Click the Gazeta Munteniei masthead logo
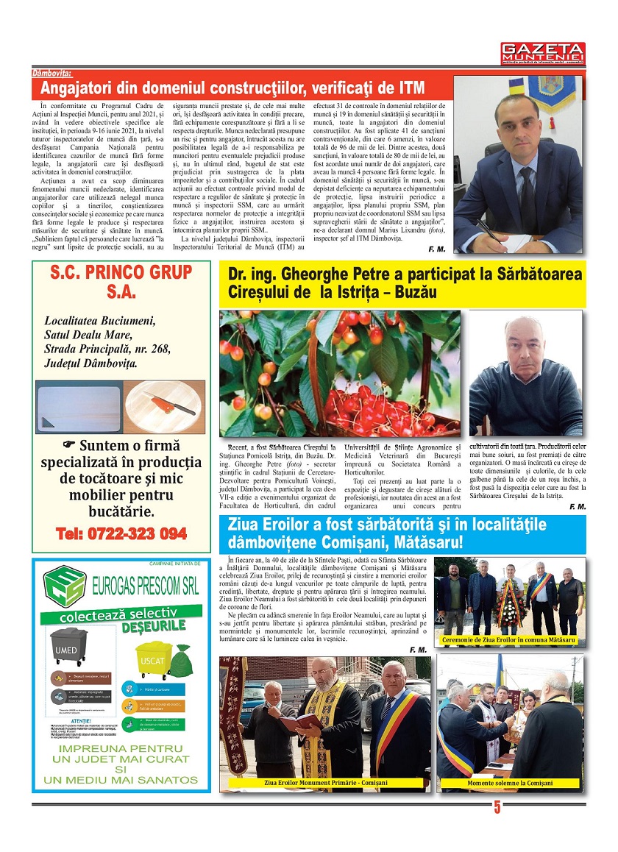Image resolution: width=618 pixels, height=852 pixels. click(x=543, y=52)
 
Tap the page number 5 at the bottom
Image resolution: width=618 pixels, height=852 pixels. click(x=497, y=807)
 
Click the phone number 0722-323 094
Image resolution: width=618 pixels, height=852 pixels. click(x=121, y=534)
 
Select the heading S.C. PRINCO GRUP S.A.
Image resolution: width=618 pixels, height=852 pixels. click(x=121, y=281)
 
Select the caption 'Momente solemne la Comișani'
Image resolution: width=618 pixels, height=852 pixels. click(x=510, y=783)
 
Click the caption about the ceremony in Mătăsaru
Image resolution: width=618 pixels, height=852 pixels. click(x=509, y=641)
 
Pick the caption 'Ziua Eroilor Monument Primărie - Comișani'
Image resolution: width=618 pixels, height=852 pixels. click(x=325, y=783)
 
